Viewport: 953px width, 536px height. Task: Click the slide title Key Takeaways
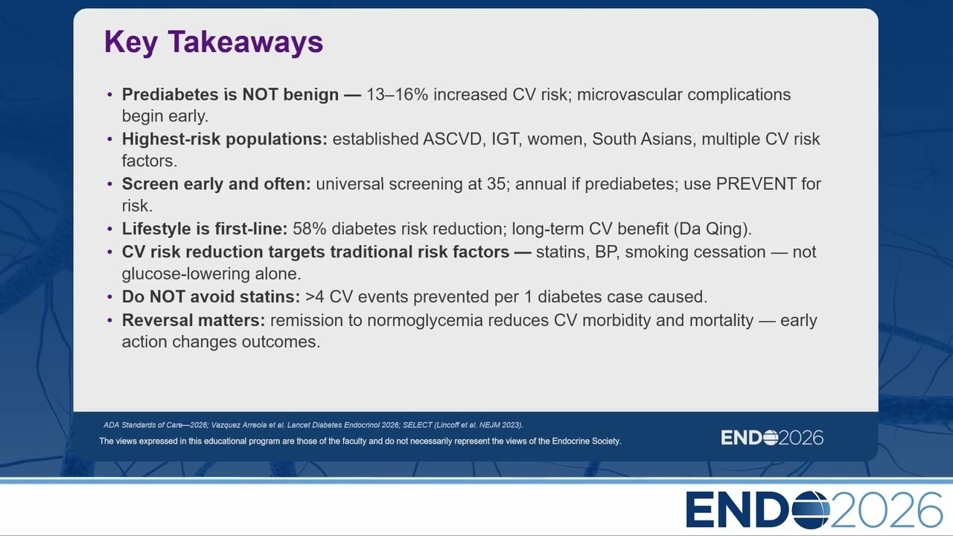point(214,42)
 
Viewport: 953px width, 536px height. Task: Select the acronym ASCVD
point(452,139)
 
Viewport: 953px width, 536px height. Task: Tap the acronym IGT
point(506,139)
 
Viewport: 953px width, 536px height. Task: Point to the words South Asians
point(642,139)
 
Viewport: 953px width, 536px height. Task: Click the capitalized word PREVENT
point(756,184)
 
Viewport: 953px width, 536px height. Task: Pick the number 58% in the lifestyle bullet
point(309,229)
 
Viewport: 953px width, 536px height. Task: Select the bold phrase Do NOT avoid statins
point(211,297)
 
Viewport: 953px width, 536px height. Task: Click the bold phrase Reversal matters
point(194,320)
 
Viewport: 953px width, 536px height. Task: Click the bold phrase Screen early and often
point(217,184)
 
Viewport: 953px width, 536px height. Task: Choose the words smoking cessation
point(695,252)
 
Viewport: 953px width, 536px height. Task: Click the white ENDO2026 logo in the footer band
point(772,438)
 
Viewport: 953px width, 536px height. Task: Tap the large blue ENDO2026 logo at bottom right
point(814,510)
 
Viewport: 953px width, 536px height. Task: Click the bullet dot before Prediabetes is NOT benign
point(110,95)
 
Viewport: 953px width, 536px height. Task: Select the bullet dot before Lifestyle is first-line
point(110,229)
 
